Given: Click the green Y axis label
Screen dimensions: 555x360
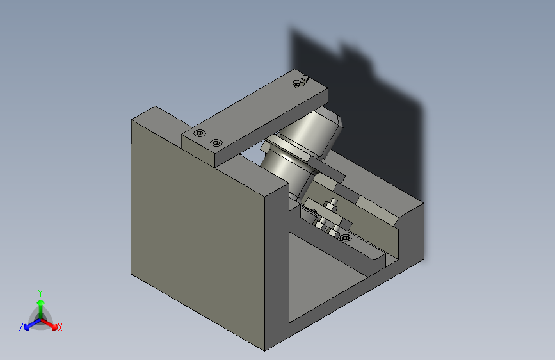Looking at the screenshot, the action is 40,293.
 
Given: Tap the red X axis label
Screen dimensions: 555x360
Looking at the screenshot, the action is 60,327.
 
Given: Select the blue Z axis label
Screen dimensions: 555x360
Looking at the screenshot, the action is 21,327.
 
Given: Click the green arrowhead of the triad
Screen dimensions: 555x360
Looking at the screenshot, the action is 41,302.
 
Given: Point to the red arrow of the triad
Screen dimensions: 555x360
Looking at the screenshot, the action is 49,324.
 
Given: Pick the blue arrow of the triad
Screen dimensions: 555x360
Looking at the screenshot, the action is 33,324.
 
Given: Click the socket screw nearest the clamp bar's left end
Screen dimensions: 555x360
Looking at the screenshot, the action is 200,133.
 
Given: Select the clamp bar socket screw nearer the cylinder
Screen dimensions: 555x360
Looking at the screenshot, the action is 216,143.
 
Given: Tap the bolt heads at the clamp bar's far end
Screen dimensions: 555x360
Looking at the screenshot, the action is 301,81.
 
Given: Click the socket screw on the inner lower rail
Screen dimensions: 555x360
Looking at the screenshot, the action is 346,238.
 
